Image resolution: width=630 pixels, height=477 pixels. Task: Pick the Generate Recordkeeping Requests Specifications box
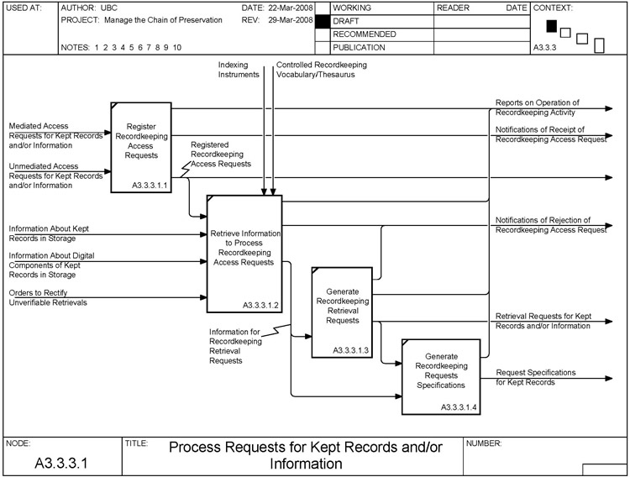[441, 376]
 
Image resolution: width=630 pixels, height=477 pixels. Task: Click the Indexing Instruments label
[239, 69]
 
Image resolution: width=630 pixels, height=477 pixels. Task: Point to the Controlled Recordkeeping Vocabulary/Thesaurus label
[322, 69]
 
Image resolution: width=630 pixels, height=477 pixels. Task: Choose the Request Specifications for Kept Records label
[535, 377]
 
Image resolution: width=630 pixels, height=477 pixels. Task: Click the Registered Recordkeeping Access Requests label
[221, 155]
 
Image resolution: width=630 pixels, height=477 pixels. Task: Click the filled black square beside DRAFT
[322, 21]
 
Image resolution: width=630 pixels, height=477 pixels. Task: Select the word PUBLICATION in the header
[359, 48]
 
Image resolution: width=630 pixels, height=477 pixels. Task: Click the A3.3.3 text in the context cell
[545, 49]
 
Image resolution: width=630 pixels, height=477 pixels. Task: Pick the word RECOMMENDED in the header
[365, 34]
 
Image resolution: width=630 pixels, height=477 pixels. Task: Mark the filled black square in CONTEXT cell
[551, 26]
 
